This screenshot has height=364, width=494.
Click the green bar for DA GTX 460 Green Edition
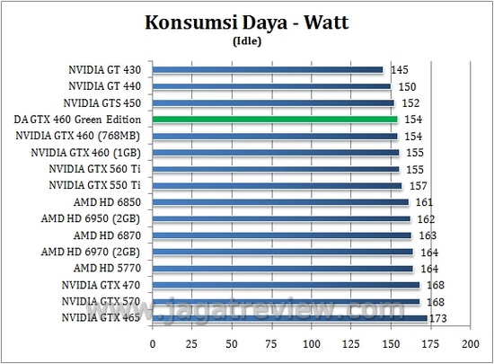[x=275, y=119]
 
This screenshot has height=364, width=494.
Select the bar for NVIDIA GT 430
[x=268, y=69]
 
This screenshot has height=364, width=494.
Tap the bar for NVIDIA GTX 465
[x=289, y=317]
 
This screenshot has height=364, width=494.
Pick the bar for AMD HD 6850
[x=281, y=202]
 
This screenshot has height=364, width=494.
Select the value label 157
[x=419, y=186]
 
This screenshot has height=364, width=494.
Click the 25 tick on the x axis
[x=192, y=344]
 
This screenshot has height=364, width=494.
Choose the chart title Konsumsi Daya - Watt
[x=246, y=24]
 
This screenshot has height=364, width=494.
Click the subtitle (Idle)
[x=246, y=40]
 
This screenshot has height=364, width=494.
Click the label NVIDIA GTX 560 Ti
[x=98, y=168]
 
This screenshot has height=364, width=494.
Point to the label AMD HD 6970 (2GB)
[x=95, y=252]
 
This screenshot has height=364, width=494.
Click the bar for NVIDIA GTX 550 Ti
[x=278, y=185]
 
